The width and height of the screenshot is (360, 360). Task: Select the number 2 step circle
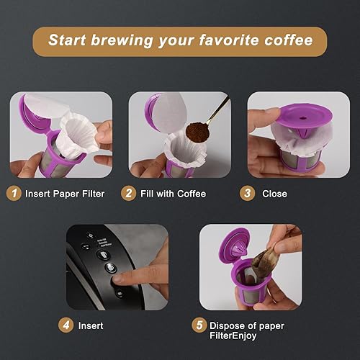pyautogui.click(x=127, y=193)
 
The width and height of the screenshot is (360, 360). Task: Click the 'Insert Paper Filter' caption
pyautogui.click(x=65, y=193)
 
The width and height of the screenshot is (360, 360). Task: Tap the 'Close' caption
pyautogui.click(x=275, y=193)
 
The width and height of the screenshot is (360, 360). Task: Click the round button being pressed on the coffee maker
pyautogui.click(x=110, y=267)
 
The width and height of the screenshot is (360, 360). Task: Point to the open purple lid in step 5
pyautogui.click(x=230, y=248)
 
